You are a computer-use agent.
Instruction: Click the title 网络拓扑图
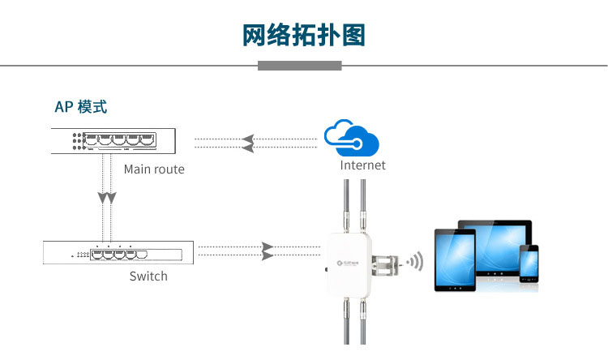pos(304,36)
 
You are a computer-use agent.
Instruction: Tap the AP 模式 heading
pos(81,107)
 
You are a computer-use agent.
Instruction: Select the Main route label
pos(154,169)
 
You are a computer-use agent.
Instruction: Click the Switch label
pos(148,276)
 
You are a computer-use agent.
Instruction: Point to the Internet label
pos(362,165)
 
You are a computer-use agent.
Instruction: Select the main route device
pos(113,141)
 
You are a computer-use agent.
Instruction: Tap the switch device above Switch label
pos(118,252)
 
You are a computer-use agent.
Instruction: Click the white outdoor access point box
pos(349,264)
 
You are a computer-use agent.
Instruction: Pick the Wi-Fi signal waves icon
pos(414,261)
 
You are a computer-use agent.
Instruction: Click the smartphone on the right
pos(529,264)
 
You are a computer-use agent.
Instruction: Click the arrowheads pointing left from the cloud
pos(249,143)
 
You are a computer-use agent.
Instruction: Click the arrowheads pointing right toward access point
pos(267,251)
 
